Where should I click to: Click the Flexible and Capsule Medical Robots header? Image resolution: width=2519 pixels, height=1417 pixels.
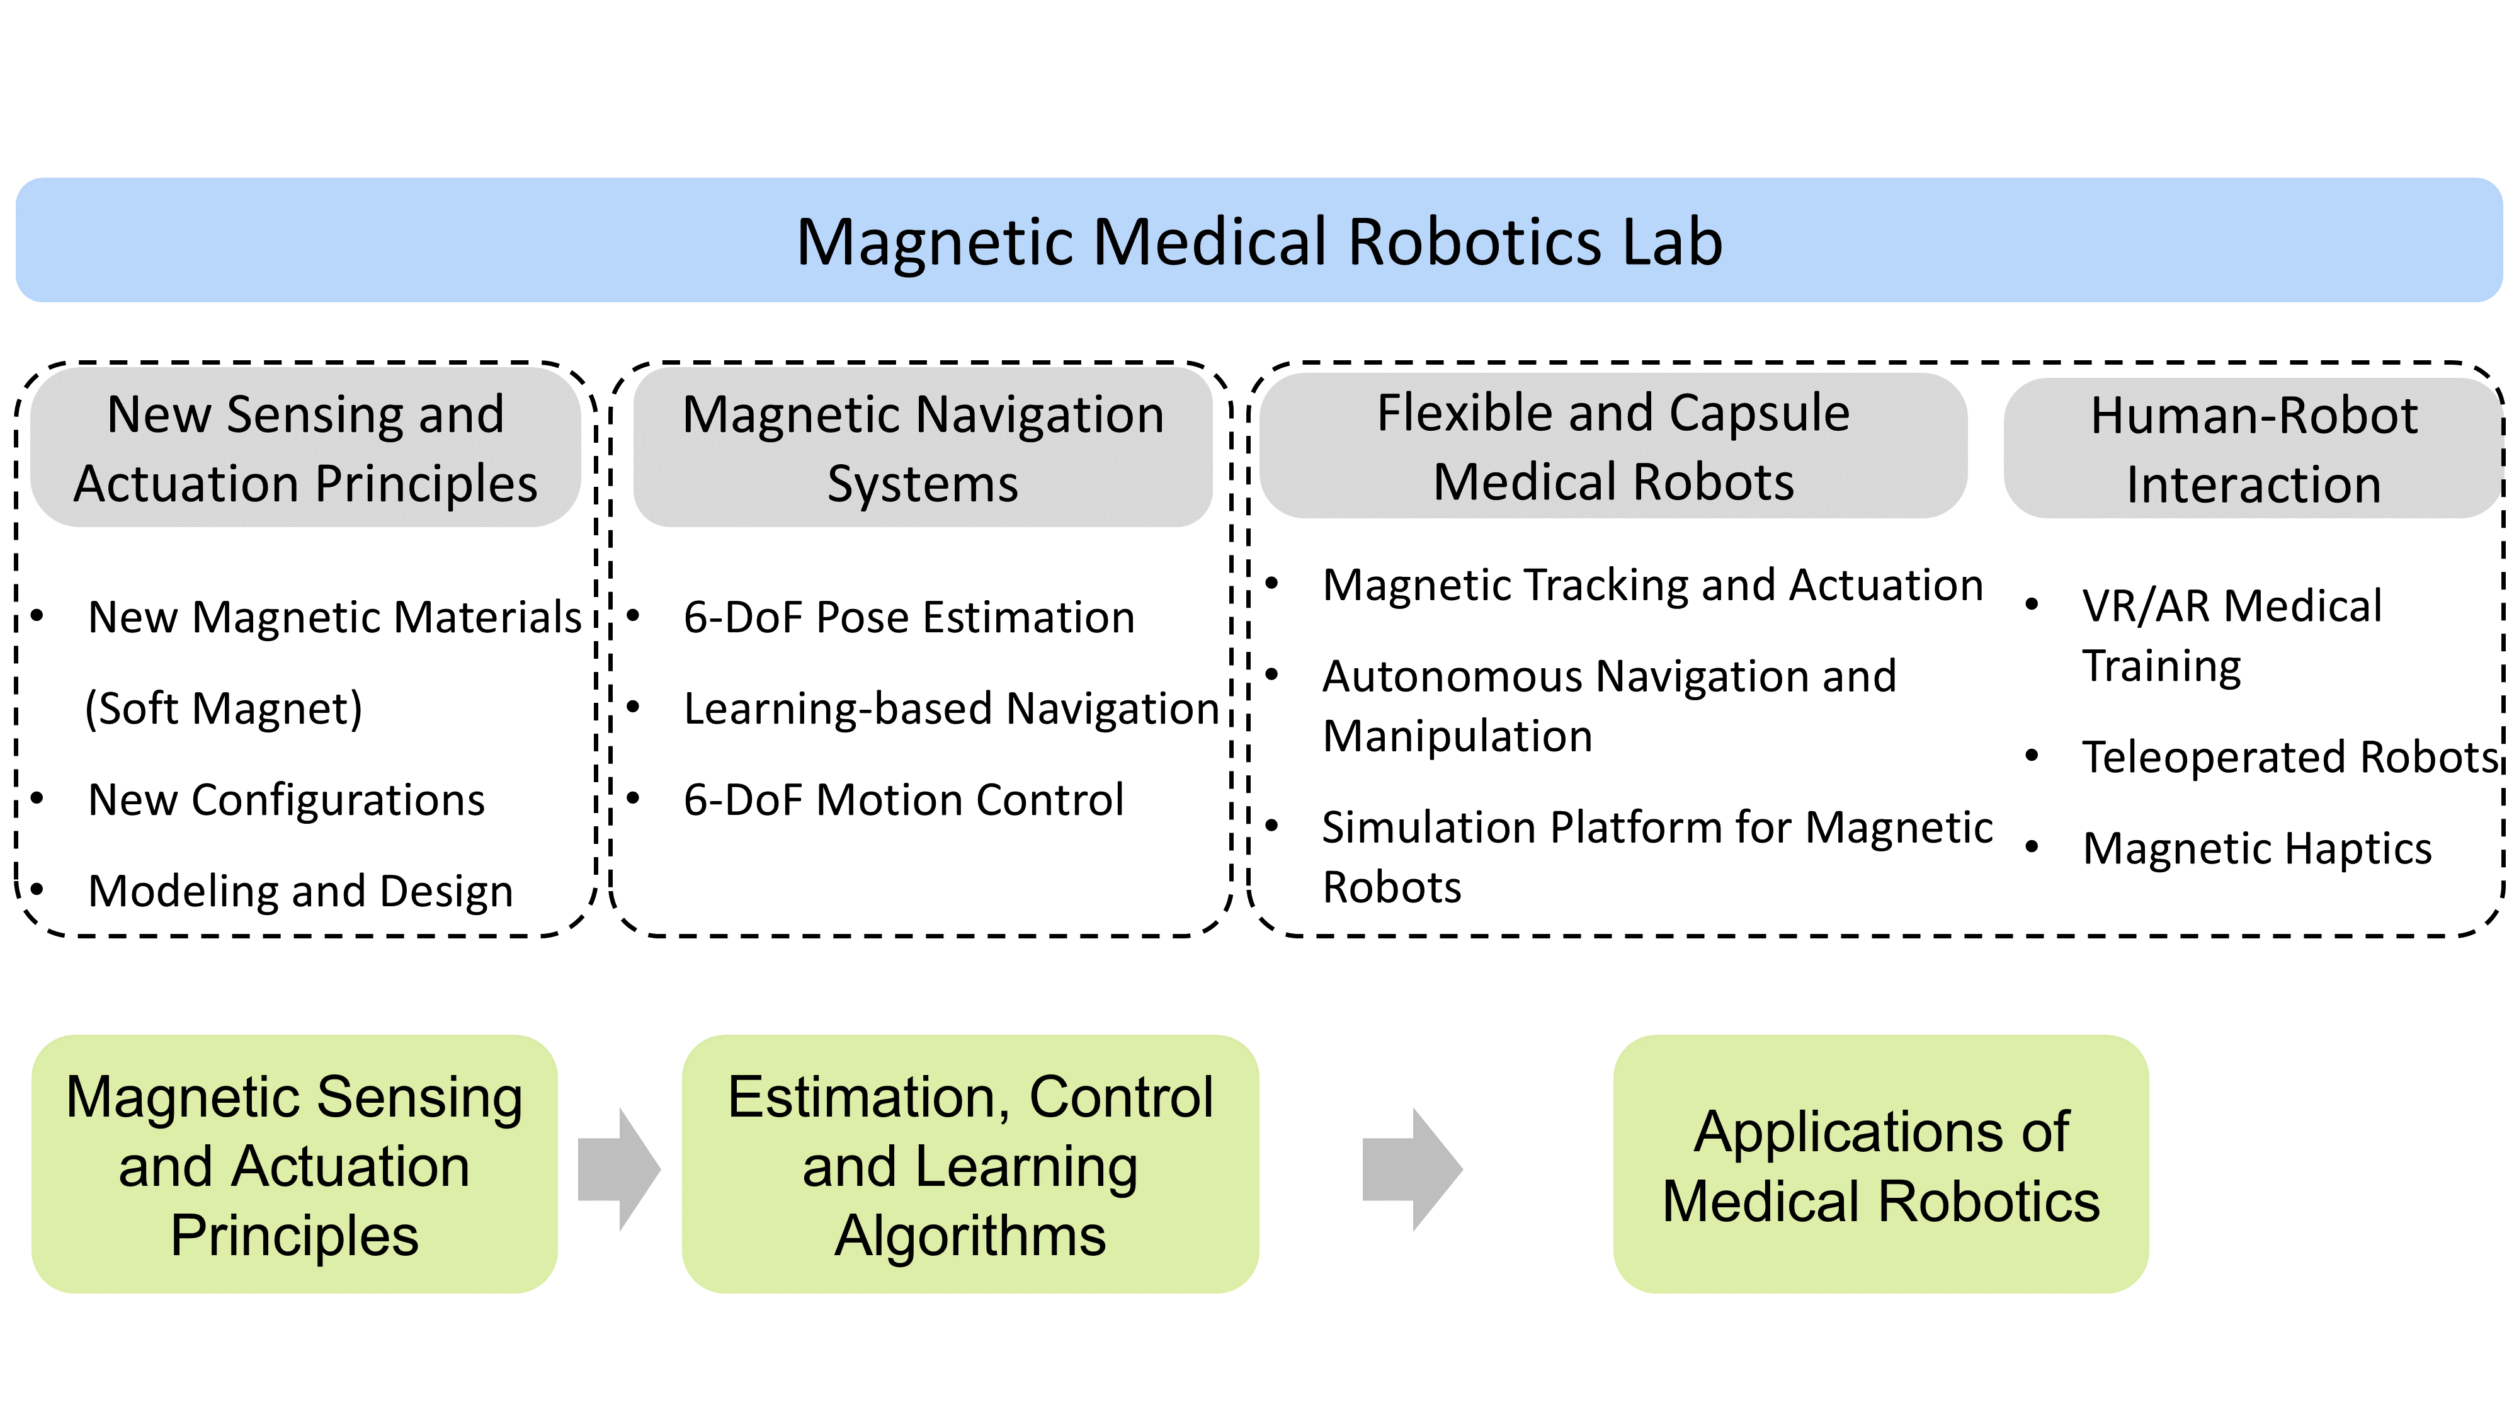click(1613, 446)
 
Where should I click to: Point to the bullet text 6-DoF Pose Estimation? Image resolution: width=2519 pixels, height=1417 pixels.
click(909, 617)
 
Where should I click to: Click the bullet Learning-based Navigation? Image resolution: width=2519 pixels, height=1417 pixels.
click(950, 708)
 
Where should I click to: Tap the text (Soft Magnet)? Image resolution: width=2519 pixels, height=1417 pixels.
click(224, 708)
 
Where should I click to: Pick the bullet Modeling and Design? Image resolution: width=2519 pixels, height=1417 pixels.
click(300, 891)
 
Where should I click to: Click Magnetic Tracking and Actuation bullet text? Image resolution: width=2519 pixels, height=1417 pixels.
click(1652, 585)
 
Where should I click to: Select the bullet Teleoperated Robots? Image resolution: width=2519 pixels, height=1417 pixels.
click(2289, 757)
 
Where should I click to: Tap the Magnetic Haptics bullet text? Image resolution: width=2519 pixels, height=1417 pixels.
click(2256, 848)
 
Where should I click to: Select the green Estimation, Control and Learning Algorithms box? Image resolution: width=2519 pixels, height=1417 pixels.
click(969, 1164)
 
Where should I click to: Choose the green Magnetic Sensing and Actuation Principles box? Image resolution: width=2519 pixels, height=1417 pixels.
click(294, 1164)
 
